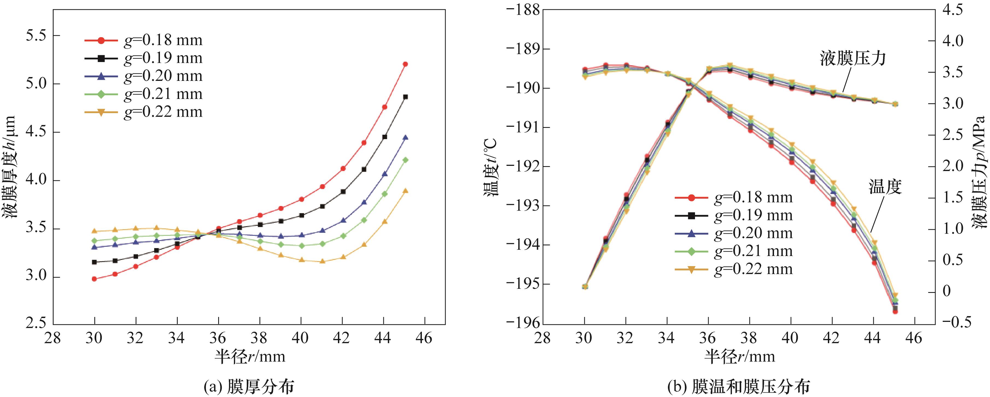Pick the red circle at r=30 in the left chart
tap(94, 279)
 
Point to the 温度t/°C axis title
tap(491, 167)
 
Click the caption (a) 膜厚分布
tap(249, 387)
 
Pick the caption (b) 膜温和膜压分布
tap(739, 387)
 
